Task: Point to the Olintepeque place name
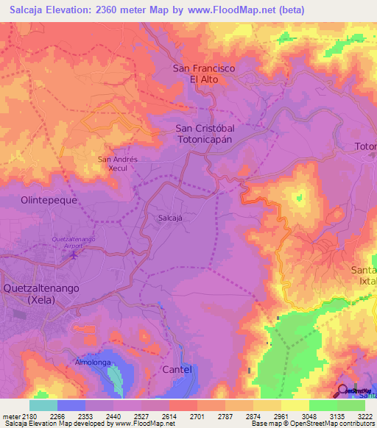(49, 199)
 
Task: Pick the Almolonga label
(93, 363)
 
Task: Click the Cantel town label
(176, 369)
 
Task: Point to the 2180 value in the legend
(29, 416)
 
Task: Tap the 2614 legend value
(169, 416)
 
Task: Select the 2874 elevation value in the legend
(253, 416)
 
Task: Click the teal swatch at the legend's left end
(43, 405)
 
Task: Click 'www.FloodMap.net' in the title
(227, 10)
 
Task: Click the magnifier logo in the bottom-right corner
(343, 390)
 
